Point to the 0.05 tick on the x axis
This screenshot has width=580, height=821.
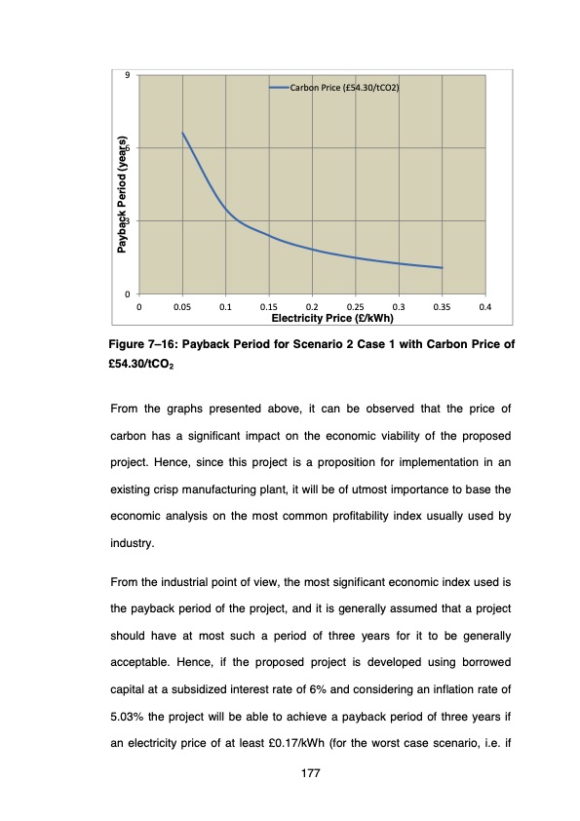[x=182, y=307]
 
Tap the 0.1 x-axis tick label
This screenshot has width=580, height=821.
[x=225, y=307]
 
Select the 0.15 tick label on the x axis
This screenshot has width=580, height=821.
[x=268, y=307]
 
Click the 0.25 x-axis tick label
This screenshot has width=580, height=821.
[x=355, y=307]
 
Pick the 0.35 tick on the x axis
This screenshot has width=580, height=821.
[x=442, y=307]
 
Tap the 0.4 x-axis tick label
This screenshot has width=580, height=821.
[x=485, y=307]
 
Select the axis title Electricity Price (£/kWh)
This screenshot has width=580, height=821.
[x=331, y=318]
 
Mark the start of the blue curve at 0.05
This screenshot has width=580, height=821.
[x=182, y=133]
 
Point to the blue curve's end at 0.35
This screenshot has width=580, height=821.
[x=442, y=268]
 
